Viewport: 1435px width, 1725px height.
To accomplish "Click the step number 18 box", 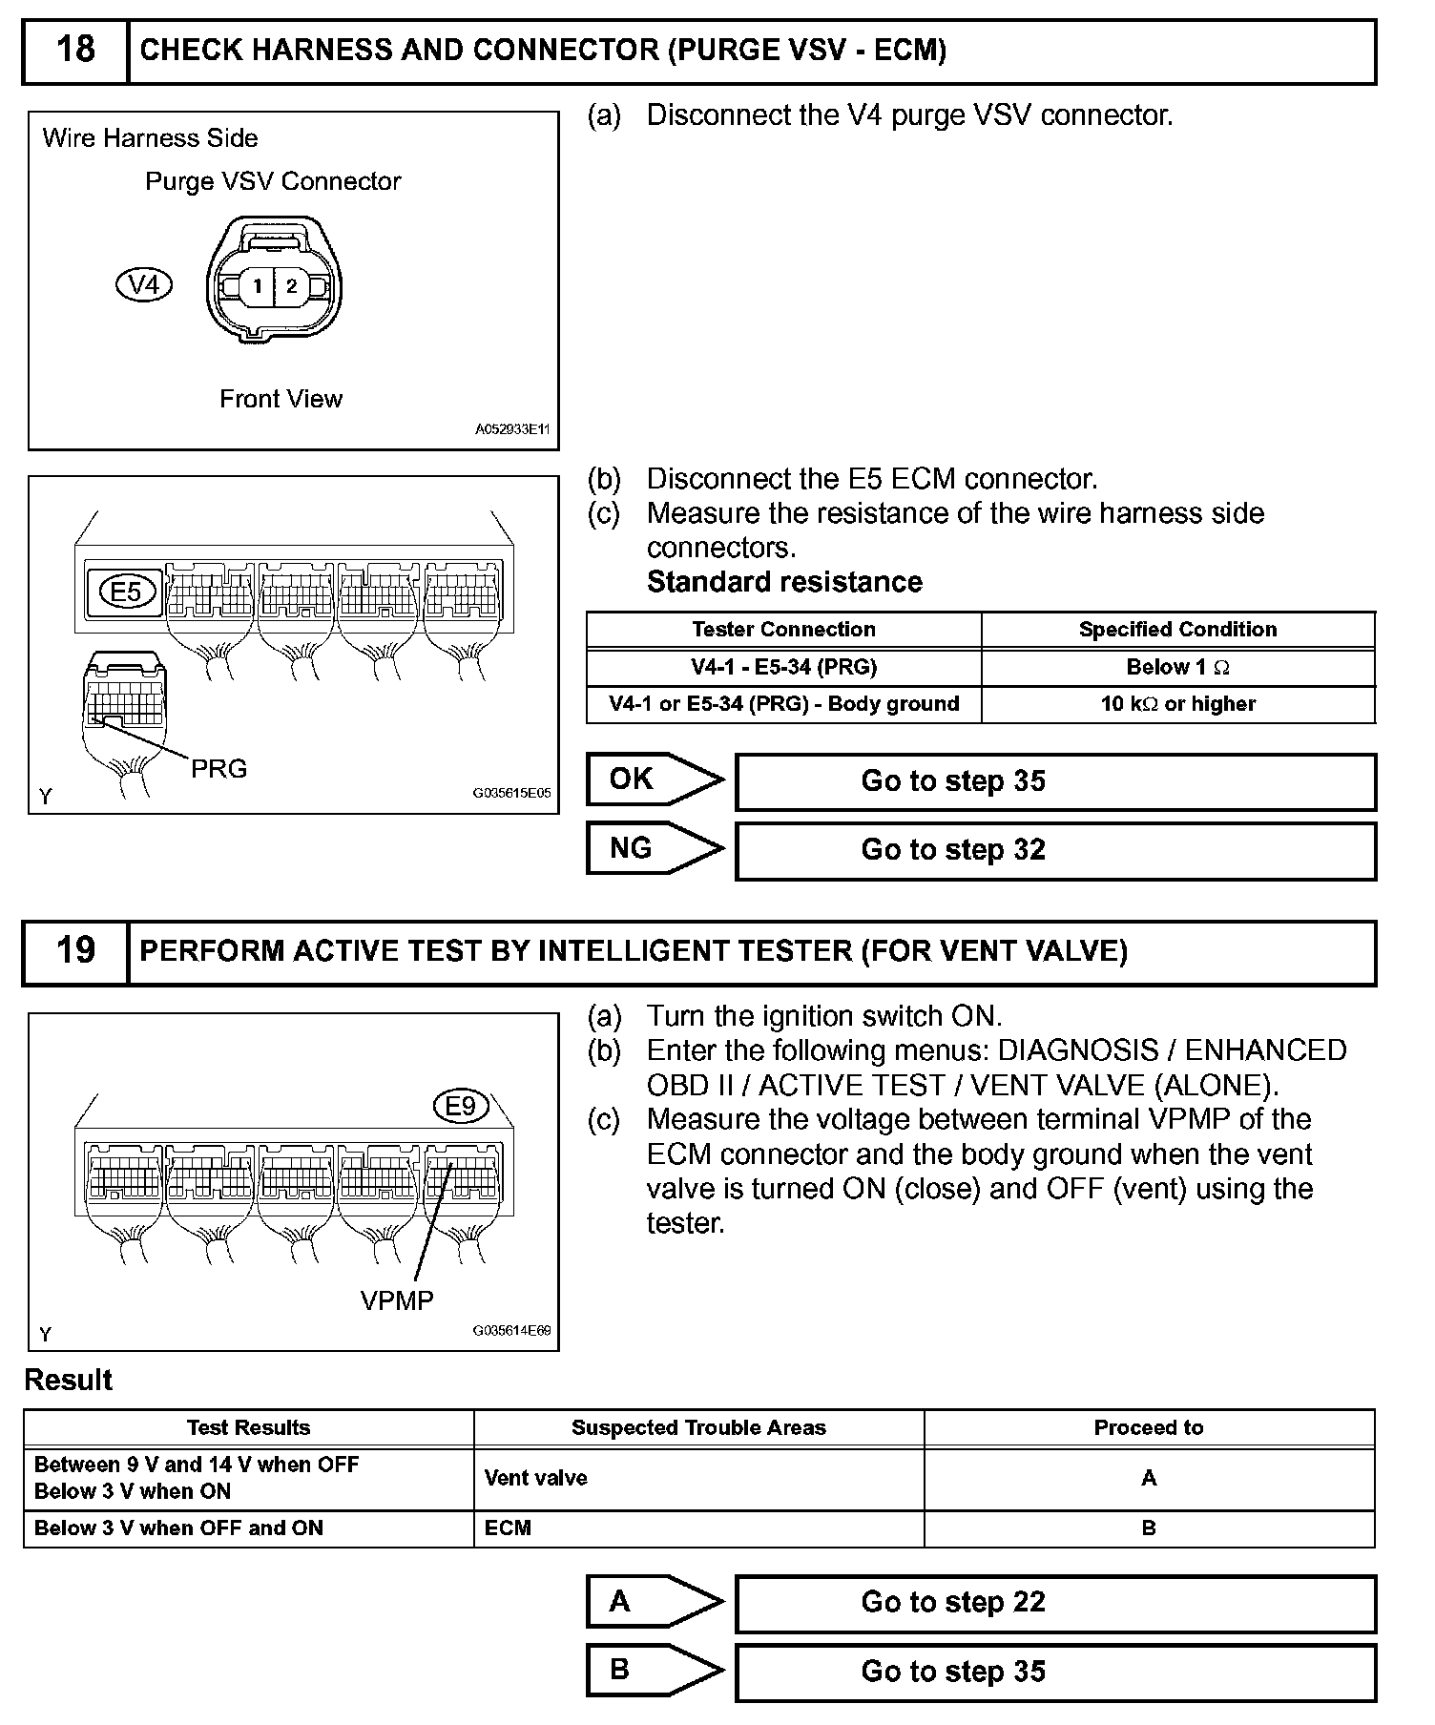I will [75, 51].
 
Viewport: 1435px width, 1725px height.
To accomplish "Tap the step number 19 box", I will [75, 951].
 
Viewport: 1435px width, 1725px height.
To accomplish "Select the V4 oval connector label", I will [143, 284].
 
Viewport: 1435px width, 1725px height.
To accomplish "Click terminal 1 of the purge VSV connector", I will [257, 285].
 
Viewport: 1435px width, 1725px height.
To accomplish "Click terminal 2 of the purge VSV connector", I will [292, 285].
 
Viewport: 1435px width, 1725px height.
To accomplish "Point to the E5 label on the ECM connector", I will [125, 592].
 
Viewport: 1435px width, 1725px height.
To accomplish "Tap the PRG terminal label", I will [218, 769].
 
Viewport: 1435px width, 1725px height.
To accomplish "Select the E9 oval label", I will [461, 1106].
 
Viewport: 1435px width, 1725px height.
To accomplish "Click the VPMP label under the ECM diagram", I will [397, 1300].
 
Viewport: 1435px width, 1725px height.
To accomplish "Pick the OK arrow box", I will [654, 779].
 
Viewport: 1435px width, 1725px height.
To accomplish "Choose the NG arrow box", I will [654, 848].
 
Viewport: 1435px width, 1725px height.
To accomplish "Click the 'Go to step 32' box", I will [1055, 850].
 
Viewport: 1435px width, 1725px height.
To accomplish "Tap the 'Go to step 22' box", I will [1055, 1602].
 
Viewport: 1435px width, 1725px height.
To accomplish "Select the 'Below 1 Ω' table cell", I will [1177, 667].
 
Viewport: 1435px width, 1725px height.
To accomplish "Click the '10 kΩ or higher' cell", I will [1177, 704].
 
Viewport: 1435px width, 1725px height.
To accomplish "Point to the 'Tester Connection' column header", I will [783, 630].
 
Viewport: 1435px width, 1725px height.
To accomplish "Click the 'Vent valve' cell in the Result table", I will [536, 1478].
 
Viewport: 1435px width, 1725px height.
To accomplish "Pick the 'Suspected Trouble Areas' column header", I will [698, 1427].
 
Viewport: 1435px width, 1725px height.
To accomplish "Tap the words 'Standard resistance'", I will [784, 582].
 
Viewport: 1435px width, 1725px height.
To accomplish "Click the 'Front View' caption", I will [281, 399].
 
